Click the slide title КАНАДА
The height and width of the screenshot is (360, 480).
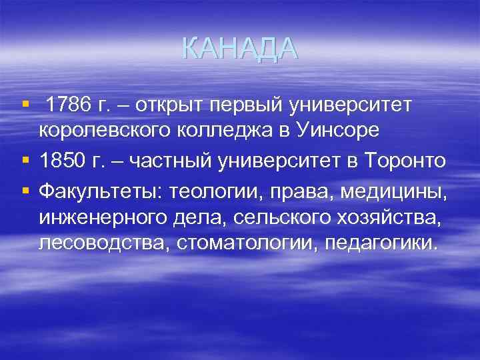coord(239,49)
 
